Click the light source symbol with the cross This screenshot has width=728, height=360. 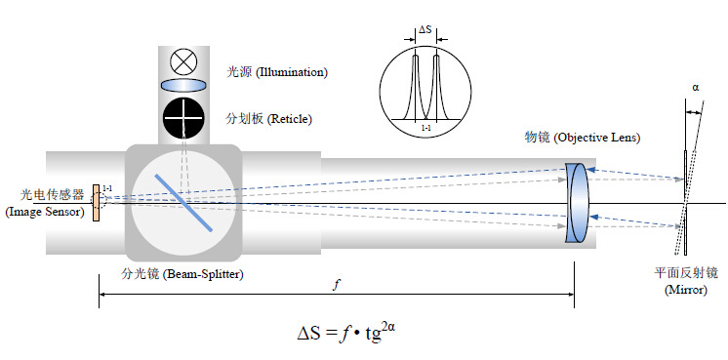[182, 61]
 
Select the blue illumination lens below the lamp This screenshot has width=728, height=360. [182, 87]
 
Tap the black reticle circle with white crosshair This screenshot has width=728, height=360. [182, 117]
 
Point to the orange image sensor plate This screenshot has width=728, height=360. [96, 202]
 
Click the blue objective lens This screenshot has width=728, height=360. [578, 204]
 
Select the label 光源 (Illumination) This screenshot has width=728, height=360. [276, 72]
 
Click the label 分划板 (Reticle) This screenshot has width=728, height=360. [267, 118]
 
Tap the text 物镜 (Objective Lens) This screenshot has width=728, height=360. [583, 139]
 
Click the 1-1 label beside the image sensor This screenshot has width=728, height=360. [106, 187]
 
